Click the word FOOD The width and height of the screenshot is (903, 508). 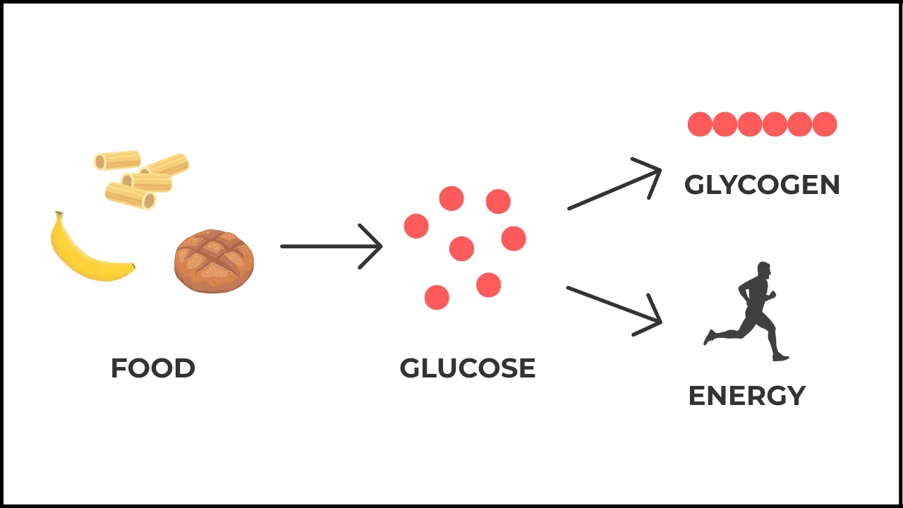[x=153, y=368]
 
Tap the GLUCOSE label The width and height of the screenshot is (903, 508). [x=467, y=368]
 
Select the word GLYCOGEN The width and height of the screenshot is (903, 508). [x=762, y=185]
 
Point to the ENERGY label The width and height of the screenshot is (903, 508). [x=746, y=396]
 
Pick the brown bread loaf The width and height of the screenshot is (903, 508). [x=214, y=260]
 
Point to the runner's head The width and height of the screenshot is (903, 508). [x=763, y=270]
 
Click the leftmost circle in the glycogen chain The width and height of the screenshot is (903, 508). [x=700, y=124]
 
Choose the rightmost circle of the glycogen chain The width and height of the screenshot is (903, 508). [x=825, y=124]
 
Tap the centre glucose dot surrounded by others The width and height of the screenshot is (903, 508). [x=461, y=248]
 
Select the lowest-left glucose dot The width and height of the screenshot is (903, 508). [x=437, y=297]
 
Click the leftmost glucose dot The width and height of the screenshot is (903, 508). [x=416, y=226]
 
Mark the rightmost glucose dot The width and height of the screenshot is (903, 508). [x=514, y=238]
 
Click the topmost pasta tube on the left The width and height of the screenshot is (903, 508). [x=117, y=161]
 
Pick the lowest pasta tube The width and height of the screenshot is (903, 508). [x=131, y=196]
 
